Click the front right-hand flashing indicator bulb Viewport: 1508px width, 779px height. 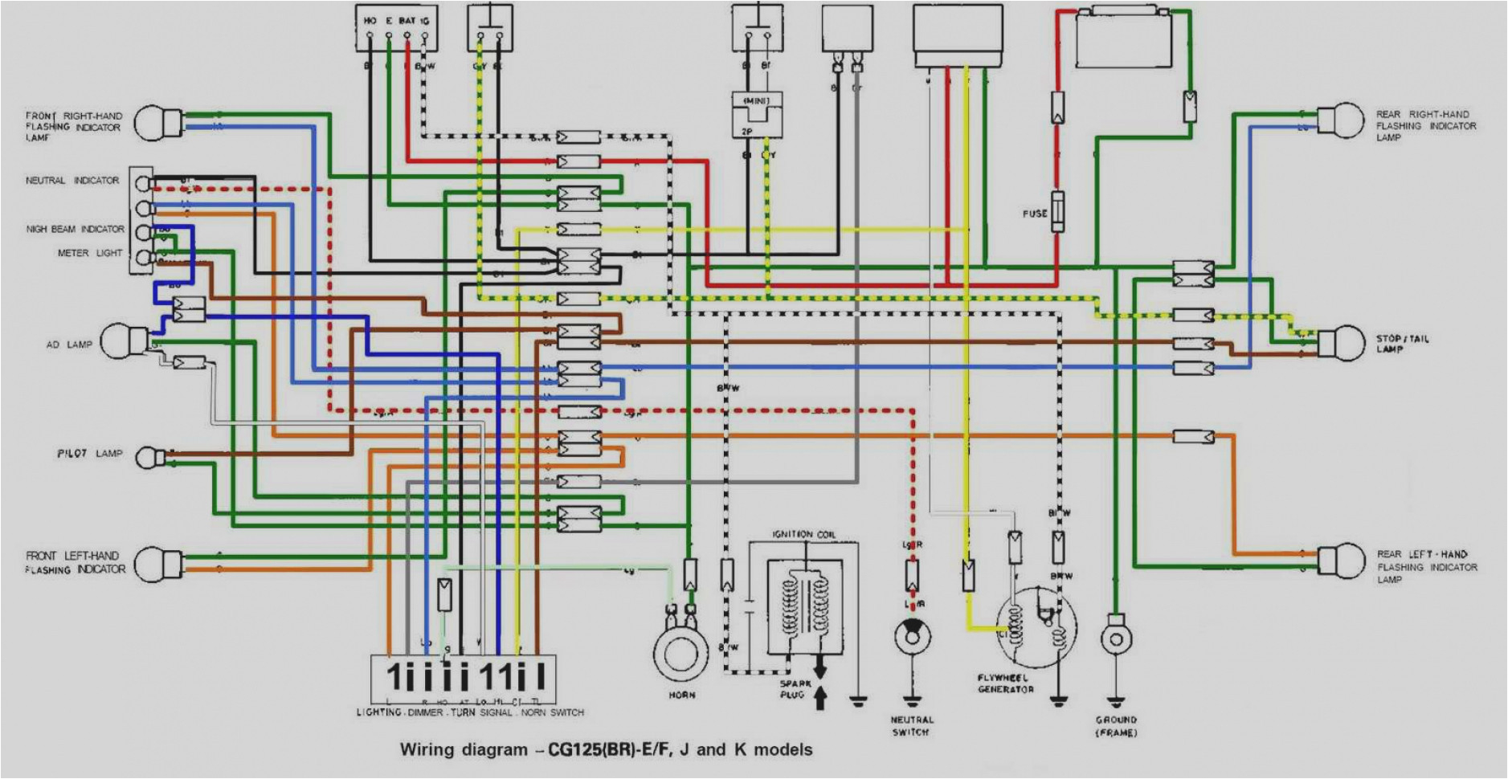tap(153, 122)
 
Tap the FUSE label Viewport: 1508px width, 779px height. tap(1034, 214)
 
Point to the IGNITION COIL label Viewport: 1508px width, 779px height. tap(803, 534)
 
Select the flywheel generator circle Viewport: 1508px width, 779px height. tap(1036, 630)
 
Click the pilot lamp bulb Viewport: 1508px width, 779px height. tap(149, 458)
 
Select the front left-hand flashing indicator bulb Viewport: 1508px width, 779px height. tap(153, 564)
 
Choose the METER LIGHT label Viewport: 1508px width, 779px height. tap(89, 253)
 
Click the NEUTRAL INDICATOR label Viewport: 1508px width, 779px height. tap(72, 181)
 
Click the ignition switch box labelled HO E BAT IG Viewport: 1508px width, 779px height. tap(397, 28)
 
